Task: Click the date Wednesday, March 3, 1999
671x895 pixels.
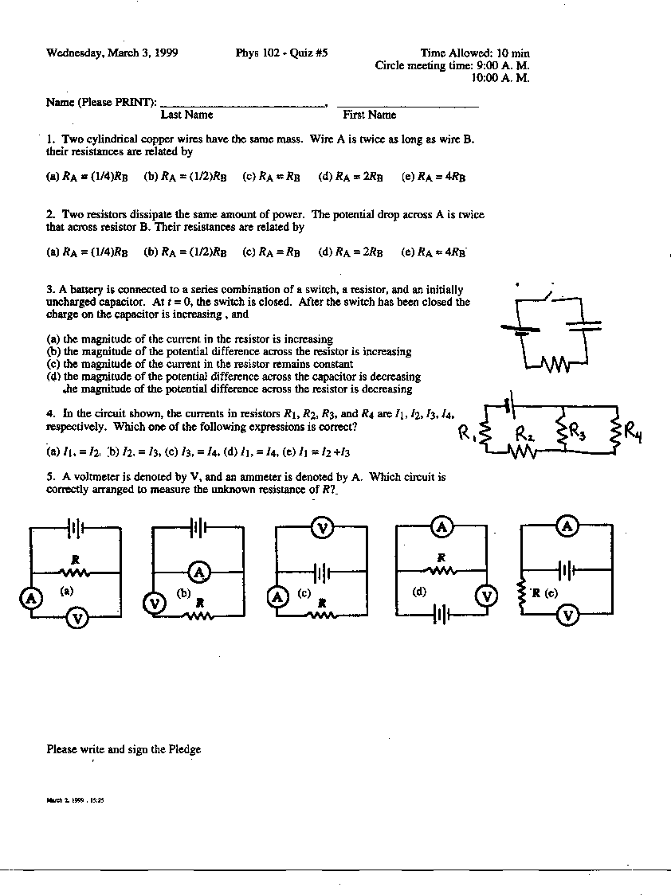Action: point(112,53)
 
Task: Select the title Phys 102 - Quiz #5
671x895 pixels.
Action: point(281,53)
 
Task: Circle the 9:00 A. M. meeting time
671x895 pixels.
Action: point(502,65)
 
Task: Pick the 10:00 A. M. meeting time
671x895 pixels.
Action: point(500,77)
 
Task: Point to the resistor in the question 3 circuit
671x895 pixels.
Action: point(555,365)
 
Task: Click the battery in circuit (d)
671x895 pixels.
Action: point(441,615)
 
